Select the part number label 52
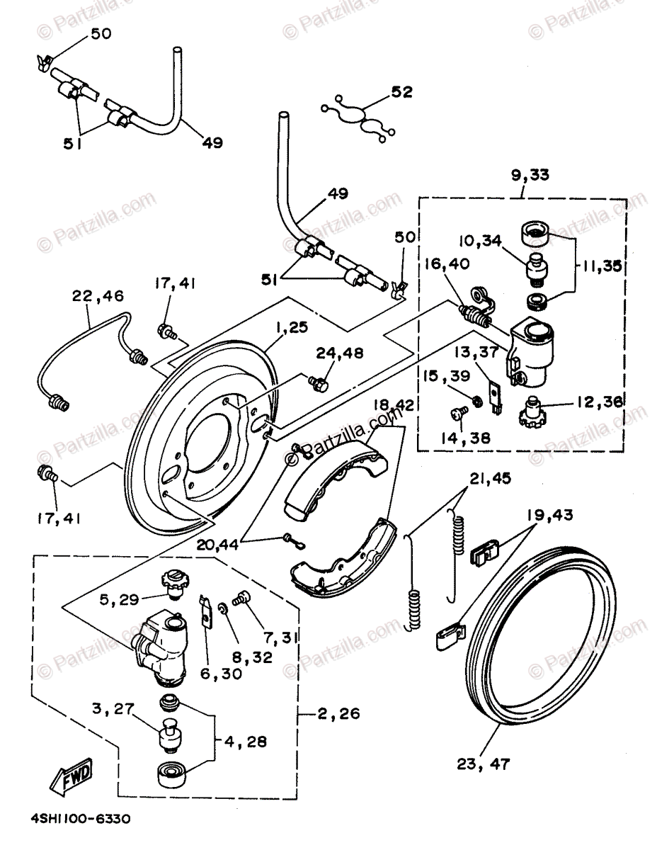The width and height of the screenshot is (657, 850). tap(401, 93)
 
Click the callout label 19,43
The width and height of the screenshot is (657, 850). tap(551, 514)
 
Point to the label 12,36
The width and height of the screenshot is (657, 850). tap(600, 401)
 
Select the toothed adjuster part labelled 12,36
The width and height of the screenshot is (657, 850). tap(536, 409)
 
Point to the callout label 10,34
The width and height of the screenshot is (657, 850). tap(484, 242)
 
